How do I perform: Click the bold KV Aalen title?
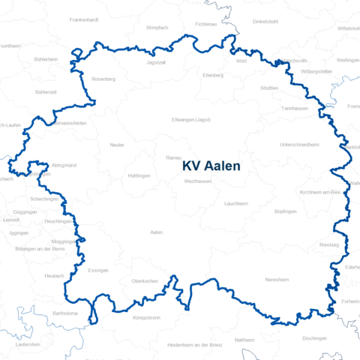tap(211, 166)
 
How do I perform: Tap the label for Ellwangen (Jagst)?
tap(191, 120)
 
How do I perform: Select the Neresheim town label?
tap(277, 279)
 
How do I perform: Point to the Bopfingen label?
tap(286, 211)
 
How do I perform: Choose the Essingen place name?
tap(98, 270)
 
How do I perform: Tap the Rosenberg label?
tap(103, 78)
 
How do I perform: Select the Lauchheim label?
tap(235, 203)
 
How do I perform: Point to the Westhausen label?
tap(196, 181)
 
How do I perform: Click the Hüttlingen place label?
tap(139, 175)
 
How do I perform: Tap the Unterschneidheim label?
tap(299, 144)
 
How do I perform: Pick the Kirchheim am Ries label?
tap(320, 193)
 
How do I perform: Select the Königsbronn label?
tap(146, 318)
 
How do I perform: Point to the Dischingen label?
tap(315, 337)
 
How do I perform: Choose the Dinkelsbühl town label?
tap(265, 21)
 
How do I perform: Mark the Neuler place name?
tap(117, 145)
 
